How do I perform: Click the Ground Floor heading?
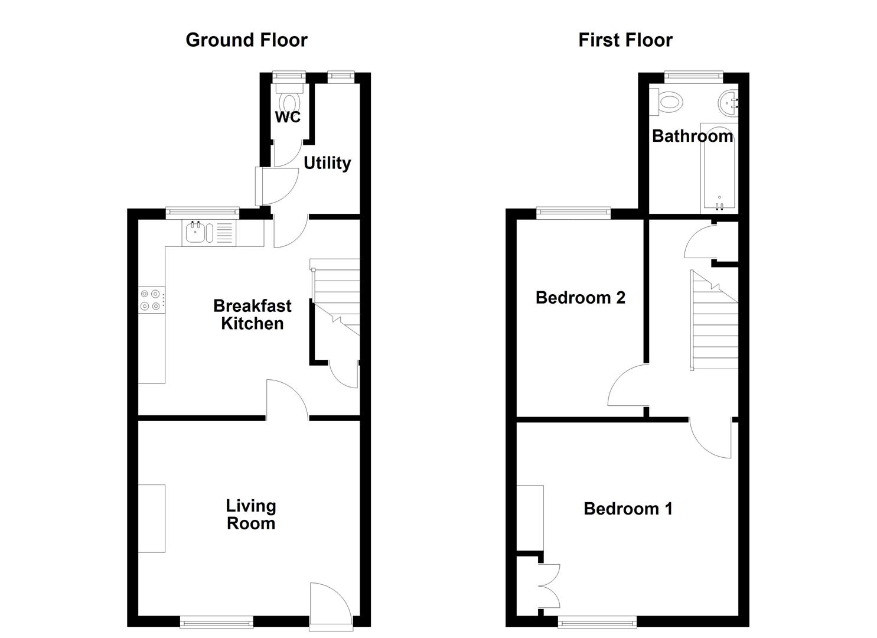point(246,40)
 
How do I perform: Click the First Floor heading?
point(625,40)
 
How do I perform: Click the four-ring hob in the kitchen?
point(150,300)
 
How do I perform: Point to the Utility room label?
point(327,163)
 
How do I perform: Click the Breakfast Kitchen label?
point(252,314)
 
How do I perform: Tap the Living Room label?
point(251,515)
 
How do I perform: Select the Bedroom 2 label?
point(580,298)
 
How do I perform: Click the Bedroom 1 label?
point(628,509)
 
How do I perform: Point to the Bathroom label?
point(692,136)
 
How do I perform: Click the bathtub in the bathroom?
point(719,171)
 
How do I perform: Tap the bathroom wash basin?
point(728,103)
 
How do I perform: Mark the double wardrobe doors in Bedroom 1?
point(549,586)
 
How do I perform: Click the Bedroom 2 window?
point(573,213)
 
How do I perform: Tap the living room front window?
point(216,621)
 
